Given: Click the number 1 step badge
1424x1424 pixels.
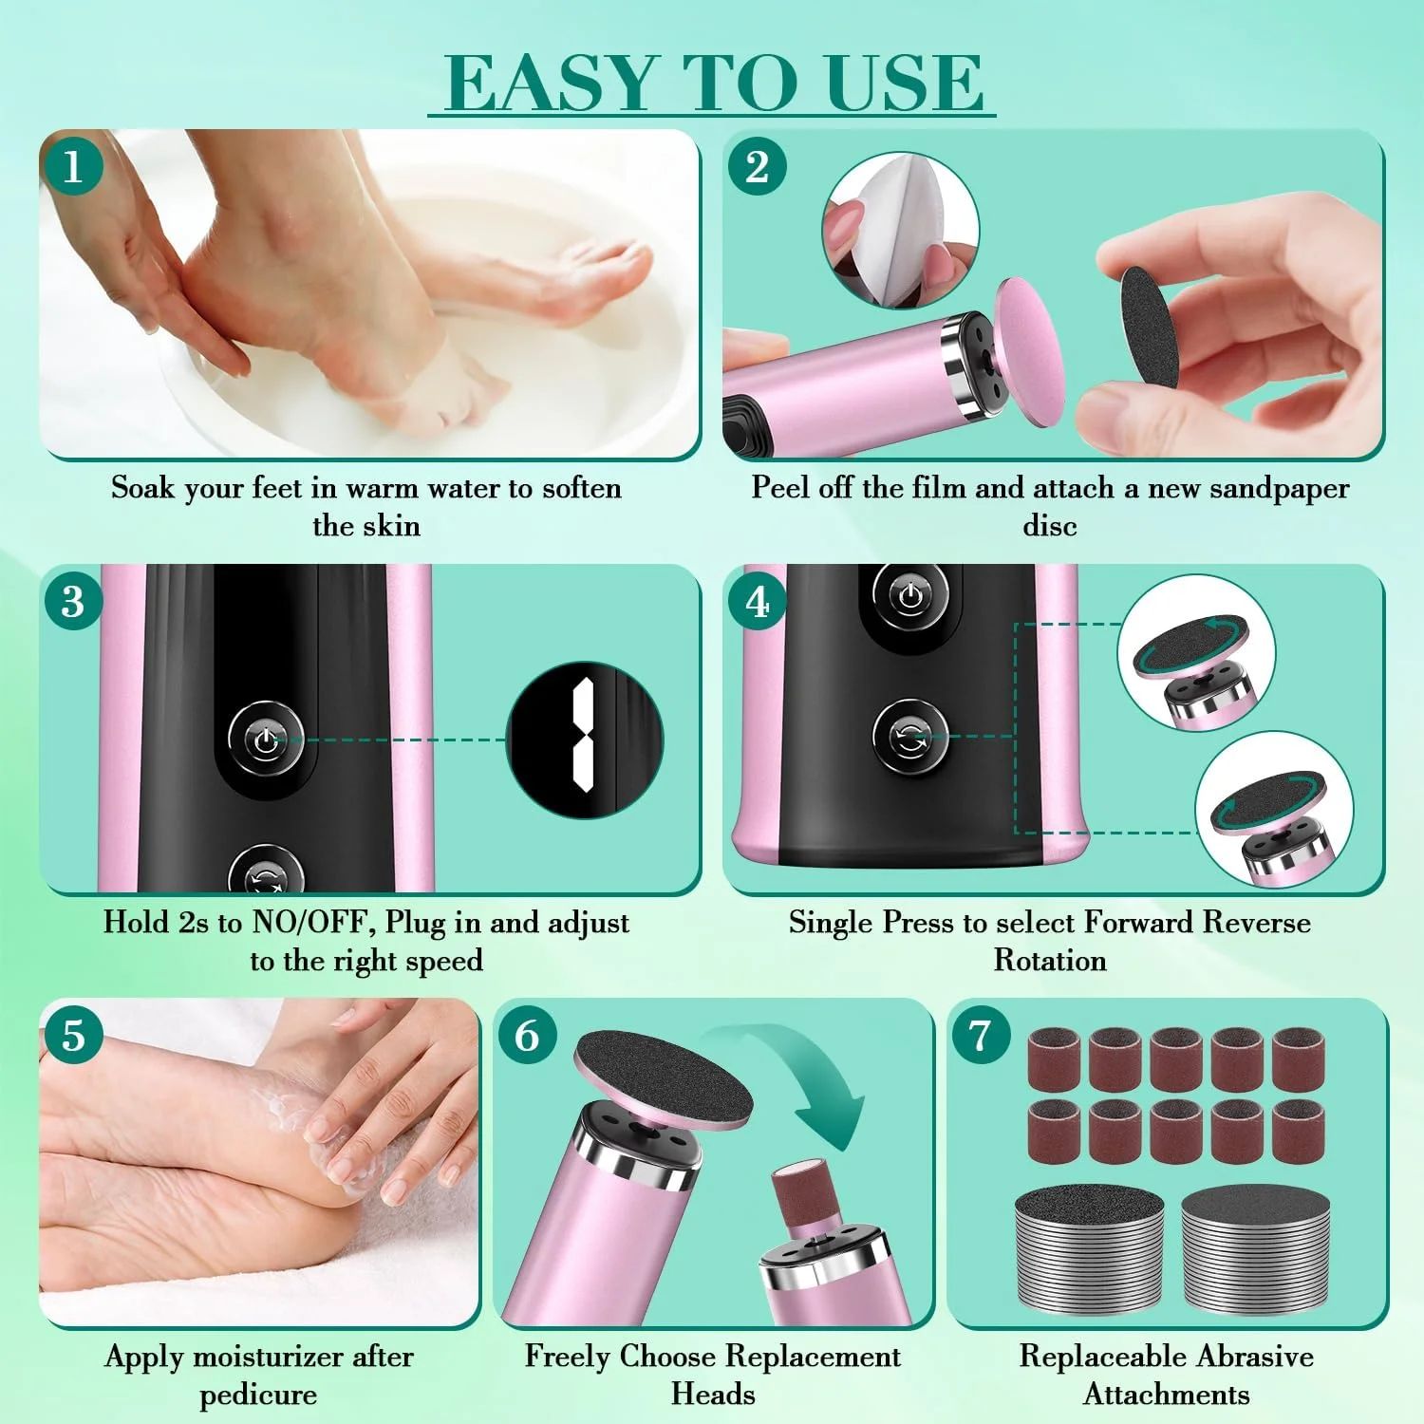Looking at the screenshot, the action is point(72,167).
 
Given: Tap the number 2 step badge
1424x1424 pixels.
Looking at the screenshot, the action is point(757,167).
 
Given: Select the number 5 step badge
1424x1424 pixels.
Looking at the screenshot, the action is point(72,1036).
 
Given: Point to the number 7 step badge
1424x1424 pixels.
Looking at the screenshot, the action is point(980,1036).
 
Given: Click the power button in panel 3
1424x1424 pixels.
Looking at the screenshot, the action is point(266,740).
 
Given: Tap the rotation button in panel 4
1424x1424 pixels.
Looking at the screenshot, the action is point(910,738).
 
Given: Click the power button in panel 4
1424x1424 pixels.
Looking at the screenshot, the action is point(910,597).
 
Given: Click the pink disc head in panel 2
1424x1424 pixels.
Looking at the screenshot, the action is point(1029,352).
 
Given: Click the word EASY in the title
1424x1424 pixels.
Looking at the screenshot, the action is point(552,83).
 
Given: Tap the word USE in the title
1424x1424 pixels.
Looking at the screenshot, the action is point(904,83).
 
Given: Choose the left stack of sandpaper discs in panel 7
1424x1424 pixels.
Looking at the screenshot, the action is point(1089,1250).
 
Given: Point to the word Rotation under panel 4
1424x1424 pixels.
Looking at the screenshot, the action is point(1050,960).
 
